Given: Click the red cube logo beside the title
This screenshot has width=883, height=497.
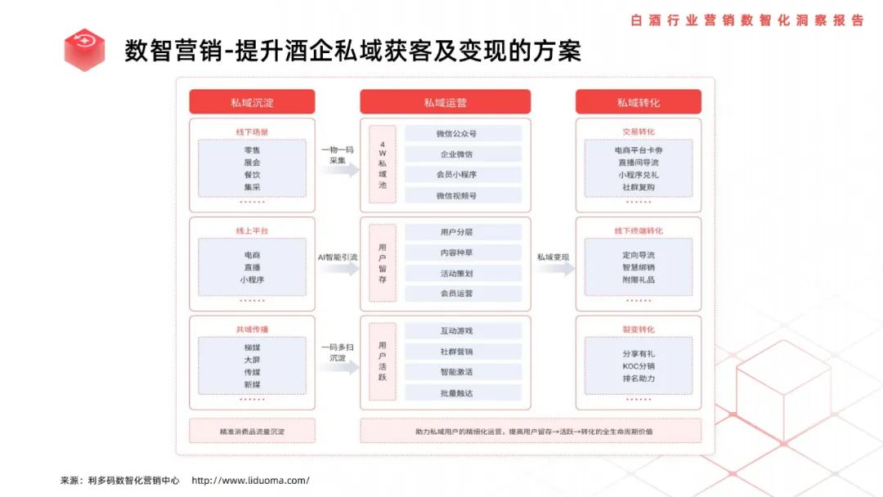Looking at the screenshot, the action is pyautogui.click(x=84, y=50).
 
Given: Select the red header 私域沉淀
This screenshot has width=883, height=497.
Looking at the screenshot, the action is pyautogui.click(x=252, y=102).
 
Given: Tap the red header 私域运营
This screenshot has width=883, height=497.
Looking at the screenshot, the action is pyautogui.click(x=445, y=102).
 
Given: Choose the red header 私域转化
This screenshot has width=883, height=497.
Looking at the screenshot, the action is pyautogui.click(x=639, y=102).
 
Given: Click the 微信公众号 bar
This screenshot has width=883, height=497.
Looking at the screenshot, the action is pyautogui.click(x=463, y=133).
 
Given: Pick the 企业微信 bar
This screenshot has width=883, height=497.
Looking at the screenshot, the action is pyautogui.click(x=463, y=154).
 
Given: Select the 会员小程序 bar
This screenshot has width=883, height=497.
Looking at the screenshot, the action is pyautogui.click(x=463, y=174).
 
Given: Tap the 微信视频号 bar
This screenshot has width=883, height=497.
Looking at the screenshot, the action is pyautogui.click(x=463, y=195).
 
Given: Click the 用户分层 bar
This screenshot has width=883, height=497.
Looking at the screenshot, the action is pyautogui.click(x=463, y=232).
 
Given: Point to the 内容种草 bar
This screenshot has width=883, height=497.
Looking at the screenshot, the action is pyautogui.click(x=463, y=253).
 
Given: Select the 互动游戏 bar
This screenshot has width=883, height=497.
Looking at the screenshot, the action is pyautogui.click(x=463, y=330).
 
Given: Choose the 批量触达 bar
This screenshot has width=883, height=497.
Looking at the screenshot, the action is pyautogui.click(x=463, y=393).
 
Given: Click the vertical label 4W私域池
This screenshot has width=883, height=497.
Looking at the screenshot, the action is pyautogui.click(x=382, y=168).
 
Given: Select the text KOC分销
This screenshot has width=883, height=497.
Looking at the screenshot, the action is pyautogui.click(x=639, y=366).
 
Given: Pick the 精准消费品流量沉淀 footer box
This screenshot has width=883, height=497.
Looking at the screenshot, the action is pyautogui.click(x=252, y=431).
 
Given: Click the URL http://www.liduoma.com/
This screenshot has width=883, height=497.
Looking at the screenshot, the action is pyautogui.click(x=250, y=480).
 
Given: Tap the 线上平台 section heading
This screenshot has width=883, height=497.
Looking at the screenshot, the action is pyautogui.click(x=252, y=231).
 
